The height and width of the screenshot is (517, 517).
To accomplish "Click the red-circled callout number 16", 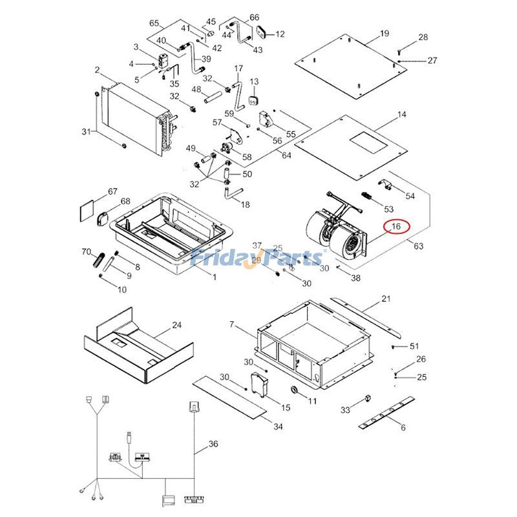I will (396, 227).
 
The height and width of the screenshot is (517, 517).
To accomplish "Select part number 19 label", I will (385, 33).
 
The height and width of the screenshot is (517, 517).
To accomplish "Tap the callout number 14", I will (402, 114).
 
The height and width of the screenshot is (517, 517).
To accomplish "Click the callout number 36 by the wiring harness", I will (214, 445).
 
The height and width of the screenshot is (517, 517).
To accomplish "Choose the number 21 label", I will (386, 299).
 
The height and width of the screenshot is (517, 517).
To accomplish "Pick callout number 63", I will (418, 246).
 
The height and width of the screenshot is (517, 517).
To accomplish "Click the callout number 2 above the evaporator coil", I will (97, 70).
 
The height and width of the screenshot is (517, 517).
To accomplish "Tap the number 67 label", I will (112, 191).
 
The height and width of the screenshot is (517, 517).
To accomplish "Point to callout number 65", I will (154, 23).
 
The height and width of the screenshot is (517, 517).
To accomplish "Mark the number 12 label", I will (280, 34).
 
